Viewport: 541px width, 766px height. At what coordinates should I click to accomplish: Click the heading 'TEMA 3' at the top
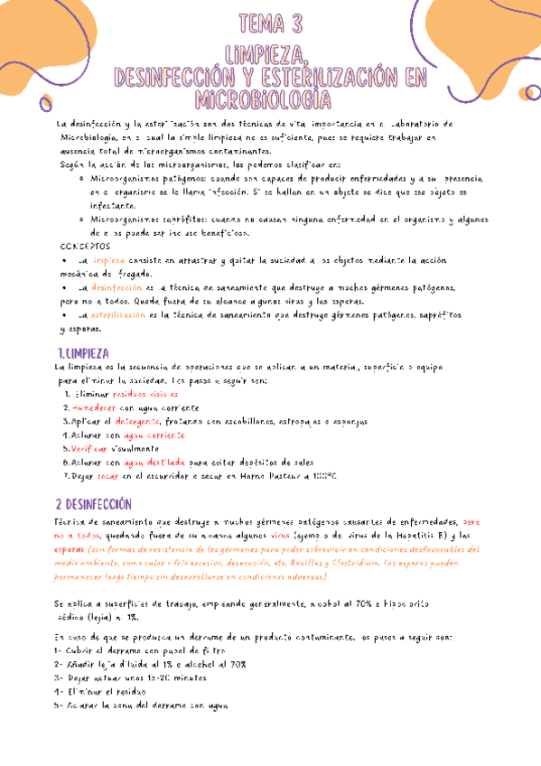pos(271,23)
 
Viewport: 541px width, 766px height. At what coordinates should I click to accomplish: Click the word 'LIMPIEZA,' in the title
pos(271,52)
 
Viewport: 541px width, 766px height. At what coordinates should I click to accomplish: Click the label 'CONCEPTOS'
pos(86,246)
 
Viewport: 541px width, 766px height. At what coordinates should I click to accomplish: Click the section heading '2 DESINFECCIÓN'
pos(93,504)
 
